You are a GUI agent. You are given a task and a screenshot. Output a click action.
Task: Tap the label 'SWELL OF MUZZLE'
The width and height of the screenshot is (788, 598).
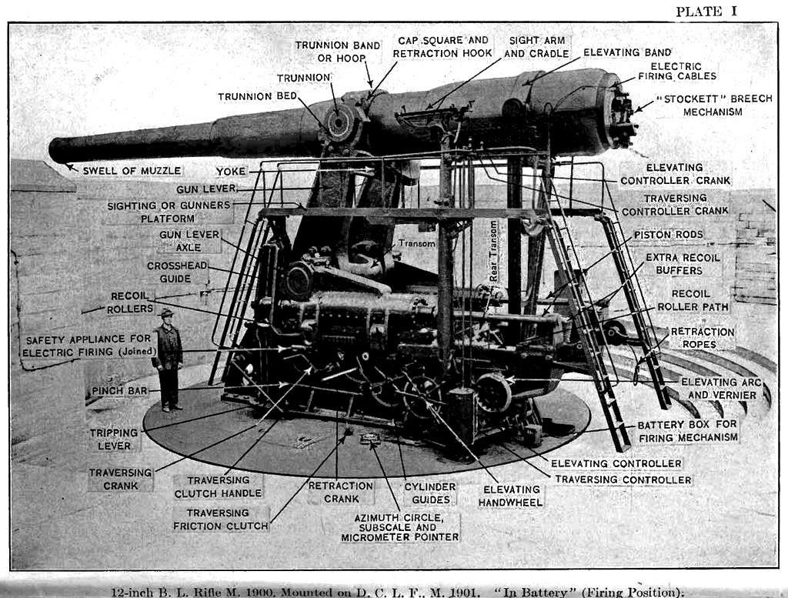pyautogui.click(x=132, y=170)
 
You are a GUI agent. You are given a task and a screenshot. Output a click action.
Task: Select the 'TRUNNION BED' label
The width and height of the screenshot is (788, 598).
pyautogui.click(x=256, y=96)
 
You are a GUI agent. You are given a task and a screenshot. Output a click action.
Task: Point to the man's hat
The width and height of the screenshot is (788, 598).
pyautogui.click(x=165, y=312)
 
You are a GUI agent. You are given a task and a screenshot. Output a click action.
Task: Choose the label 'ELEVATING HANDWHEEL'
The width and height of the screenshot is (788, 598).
pyautogui.click(x=511, y=496)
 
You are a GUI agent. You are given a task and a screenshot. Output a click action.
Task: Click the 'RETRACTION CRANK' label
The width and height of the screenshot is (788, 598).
pyautogui.click(x=341, y=493)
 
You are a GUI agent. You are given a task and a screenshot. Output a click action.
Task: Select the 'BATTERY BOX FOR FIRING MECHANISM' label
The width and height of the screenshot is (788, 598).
pyautogui.click(x=687, y=430)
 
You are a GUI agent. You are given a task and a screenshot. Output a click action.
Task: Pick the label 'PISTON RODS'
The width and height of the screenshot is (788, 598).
pyautogui.click(x=668, y=234)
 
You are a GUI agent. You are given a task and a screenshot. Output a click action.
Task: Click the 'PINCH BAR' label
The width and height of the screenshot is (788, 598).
pyautogui.click(x=119, y=391)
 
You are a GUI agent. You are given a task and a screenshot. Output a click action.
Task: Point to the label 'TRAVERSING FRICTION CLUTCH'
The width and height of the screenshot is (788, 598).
pyautogui.click(x=221, y=519)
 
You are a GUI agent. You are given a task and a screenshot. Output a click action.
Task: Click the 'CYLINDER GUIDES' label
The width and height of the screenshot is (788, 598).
pyautogui.click(x=429, y=493)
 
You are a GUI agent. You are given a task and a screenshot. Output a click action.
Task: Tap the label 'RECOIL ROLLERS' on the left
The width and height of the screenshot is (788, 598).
pyautogui.click(x=129, y=302)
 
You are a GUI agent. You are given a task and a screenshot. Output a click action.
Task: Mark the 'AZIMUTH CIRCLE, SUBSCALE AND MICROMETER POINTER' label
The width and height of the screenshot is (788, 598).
pyautogui.click(x=399, y=527)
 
